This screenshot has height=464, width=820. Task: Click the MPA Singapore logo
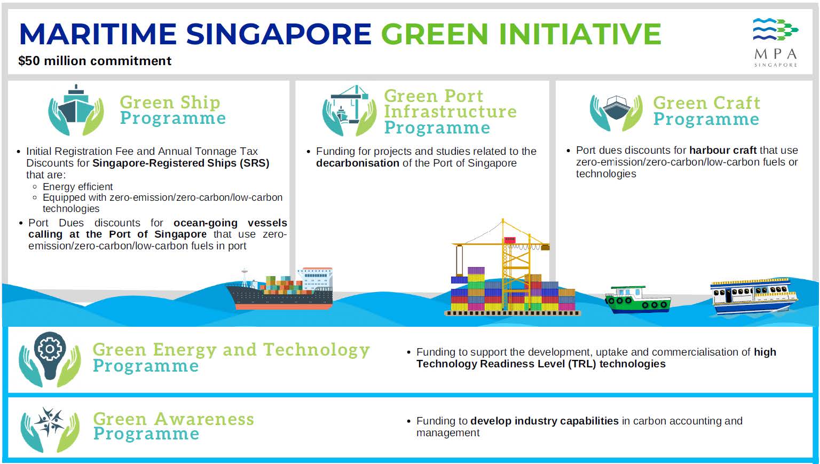coord(775,42)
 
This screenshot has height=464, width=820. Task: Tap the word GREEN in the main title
coord(435,34)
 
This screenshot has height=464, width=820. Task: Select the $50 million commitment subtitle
coord(95,61)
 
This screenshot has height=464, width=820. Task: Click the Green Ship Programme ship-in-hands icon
coord(76,110)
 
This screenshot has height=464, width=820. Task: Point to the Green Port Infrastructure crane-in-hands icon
coord(349,111)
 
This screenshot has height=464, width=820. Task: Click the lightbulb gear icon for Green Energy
coord(50,359)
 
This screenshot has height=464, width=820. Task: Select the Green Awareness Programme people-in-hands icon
coord(50,430)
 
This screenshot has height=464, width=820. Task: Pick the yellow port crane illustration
coord(512,268)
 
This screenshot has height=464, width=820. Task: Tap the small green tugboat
coord(638,300)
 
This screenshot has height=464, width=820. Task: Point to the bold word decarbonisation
coord(358,163)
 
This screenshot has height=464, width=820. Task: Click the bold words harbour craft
coord(723,150)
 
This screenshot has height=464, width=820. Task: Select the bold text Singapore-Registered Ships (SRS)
coord(181,163)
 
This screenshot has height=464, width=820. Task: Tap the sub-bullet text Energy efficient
coord(77,187)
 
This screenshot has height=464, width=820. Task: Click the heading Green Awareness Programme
coord(174,426)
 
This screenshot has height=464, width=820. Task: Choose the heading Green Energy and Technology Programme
coord(231,357)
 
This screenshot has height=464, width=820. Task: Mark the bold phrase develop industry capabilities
coord(545,421)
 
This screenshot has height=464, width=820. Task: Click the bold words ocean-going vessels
coord(230,223)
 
